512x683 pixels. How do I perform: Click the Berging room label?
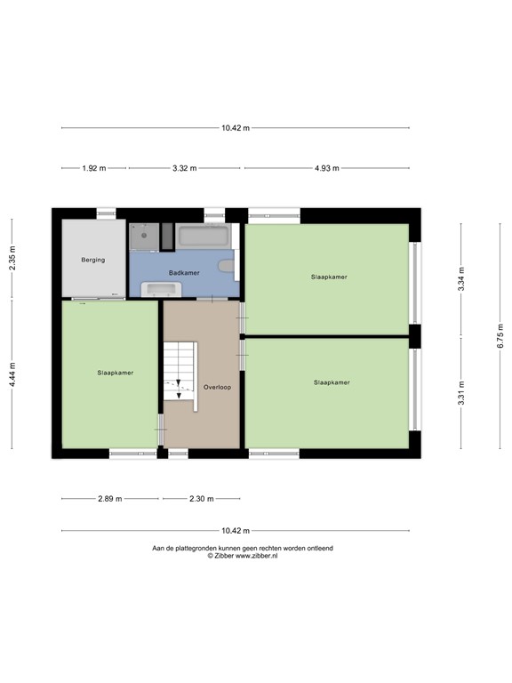92,260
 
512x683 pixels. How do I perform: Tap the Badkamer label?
184,272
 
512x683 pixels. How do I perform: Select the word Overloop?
217,387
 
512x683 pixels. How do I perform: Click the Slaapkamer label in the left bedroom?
116,373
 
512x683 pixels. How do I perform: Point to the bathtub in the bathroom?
204,237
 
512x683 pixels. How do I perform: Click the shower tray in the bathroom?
143,237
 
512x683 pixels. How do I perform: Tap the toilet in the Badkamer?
229,265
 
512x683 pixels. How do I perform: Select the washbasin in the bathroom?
163,289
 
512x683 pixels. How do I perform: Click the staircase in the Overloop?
179,374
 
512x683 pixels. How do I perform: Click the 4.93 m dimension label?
327,168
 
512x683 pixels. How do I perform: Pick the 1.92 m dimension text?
93,168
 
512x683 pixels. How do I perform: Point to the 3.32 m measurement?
185,168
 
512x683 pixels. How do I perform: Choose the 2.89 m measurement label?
111,499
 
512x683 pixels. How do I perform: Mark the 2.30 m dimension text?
202,499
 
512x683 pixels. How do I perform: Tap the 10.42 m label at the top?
236,128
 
